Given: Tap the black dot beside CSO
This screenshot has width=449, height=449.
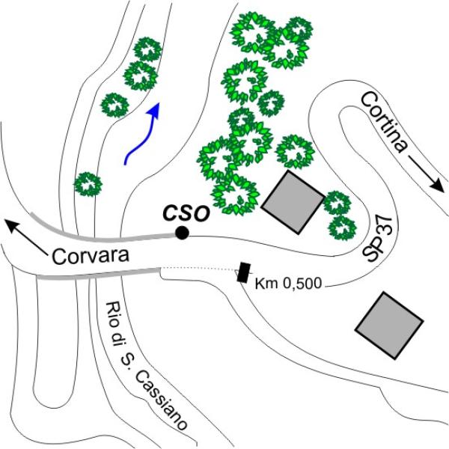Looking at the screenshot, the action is (x=182, y=234).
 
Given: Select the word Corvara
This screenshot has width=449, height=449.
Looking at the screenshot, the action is (x=91, y=256).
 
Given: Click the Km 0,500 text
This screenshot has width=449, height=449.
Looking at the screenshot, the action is (x=286, y=284).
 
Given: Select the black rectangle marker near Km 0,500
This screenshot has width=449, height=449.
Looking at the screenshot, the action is (x=243, y=272).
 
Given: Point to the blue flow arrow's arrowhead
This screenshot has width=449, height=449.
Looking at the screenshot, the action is (x=156, y=111).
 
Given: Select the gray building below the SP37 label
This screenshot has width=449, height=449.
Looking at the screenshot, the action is (x=389, y=324).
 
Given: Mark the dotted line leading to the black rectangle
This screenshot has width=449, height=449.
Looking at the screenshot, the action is (x=198, y=268).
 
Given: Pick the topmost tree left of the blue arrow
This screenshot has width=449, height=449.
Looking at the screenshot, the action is (x=147, y=49).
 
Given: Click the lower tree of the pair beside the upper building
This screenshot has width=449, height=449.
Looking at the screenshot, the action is (x=341, y=227).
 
